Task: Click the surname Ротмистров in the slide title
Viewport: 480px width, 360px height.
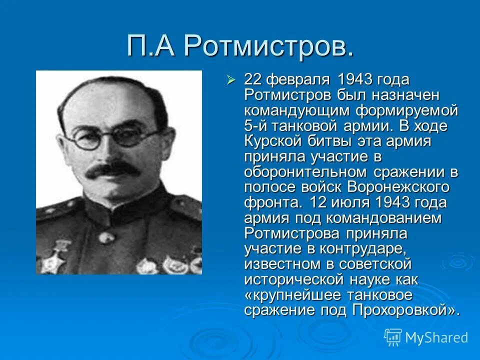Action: click(269, 46)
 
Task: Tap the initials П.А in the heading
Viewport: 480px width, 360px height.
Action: click(152, 46)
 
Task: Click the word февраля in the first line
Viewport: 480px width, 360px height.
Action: click(299, 80)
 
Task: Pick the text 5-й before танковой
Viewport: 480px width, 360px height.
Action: click(256, 126)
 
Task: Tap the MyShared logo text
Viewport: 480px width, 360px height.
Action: click(436, 337)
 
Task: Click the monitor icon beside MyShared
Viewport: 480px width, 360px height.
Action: click(393, 337)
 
